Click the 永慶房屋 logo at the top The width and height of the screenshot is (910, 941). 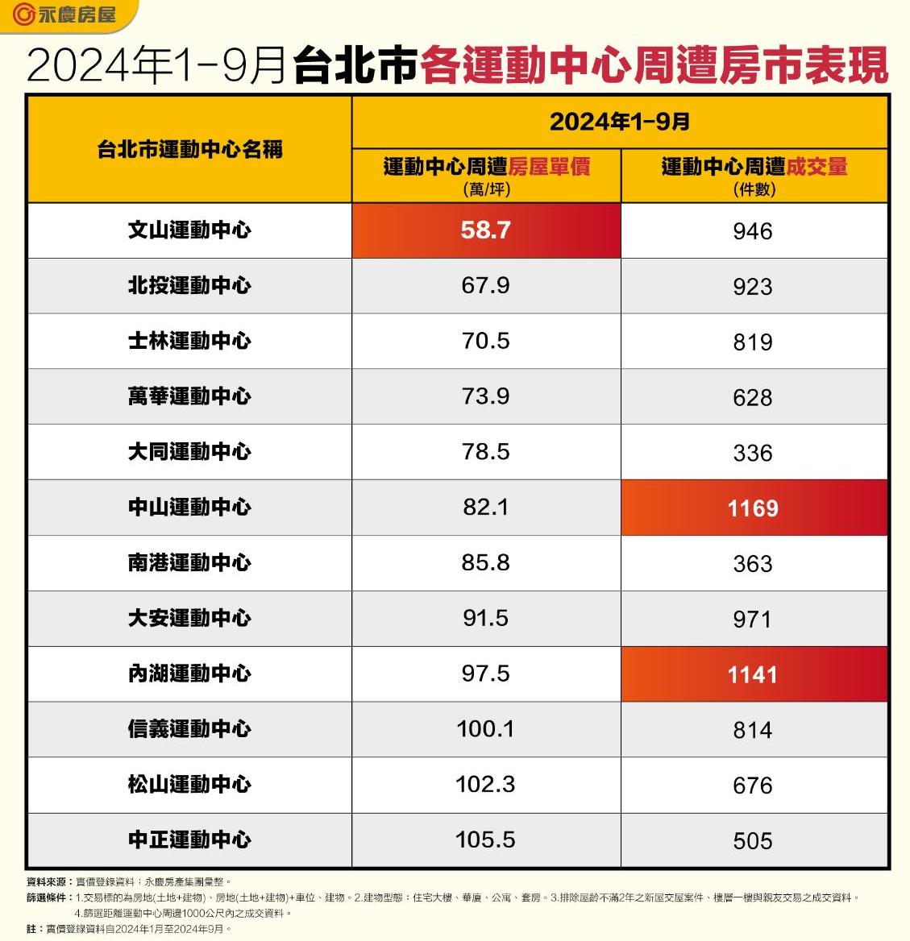(64, 15)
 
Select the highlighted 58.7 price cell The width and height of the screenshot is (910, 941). (486, 230)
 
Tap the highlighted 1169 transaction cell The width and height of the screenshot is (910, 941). (753, 508)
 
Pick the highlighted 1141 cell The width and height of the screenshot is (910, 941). (753, 674)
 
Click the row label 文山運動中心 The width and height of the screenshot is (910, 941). (189, 230)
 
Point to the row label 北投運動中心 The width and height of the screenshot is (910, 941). (189, 286)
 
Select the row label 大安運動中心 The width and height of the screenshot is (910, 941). (189, 619)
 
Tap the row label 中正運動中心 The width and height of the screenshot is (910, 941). (189, 840)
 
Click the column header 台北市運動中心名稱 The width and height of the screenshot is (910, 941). (189, 149)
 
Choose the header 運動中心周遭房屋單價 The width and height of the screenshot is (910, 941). (486, 167)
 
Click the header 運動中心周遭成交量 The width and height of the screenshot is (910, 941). (754, 167)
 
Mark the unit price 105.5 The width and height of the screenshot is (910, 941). (485, 839)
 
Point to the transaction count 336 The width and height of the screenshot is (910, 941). (753, 453)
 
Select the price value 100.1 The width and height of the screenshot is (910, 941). (485, 729)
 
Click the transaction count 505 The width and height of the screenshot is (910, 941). (753, 841)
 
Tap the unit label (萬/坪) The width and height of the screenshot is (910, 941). (486, 189)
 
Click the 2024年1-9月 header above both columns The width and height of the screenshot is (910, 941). (619, 122)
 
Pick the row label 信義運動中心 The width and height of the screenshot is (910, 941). (189, 730)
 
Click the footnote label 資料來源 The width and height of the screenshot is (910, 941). (47, 882)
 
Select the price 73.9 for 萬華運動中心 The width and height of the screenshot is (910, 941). (485, 396)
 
